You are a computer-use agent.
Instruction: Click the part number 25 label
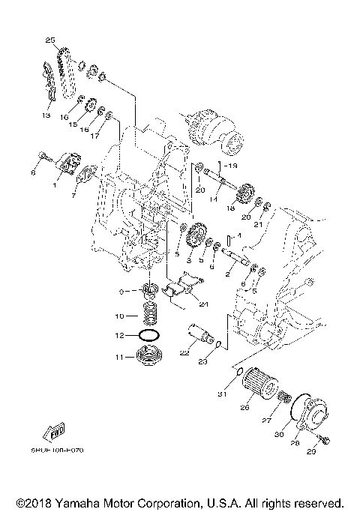(x=50, y=39)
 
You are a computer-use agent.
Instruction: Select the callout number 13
(x=46, y=116)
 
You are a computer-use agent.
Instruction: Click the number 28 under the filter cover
(x=295, y=444)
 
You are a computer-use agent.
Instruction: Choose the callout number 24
(x=203, y=304)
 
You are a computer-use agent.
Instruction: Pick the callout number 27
(x=265, y=421)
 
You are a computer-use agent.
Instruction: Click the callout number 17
(x=96, y=136)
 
